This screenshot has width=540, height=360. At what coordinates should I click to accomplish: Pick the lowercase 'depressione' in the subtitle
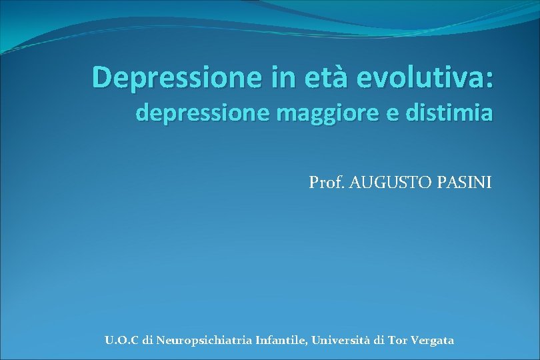coord(192,114)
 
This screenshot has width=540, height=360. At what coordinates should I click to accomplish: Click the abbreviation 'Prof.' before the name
coord(325,182)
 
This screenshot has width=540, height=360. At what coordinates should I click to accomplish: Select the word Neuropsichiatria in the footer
coord(203,341)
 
